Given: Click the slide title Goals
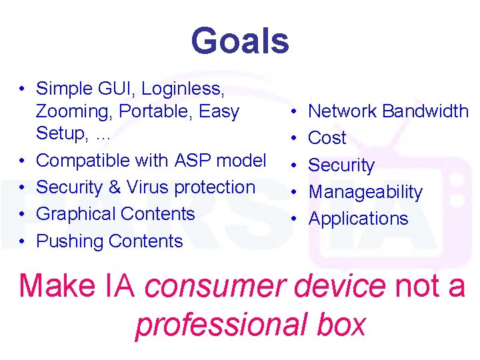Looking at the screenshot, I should tap(240, 41).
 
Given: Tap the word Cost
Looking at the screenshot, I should tap(327, 138).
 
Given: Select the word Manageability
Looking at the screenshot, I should tap(365, 192).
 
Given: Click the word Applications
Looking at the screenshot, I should tap(358, 219).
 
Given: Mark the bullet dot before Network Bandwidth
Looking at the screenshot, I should tap(294, 111).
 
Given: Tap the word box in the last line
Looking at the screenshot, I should tap(341, 325).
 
